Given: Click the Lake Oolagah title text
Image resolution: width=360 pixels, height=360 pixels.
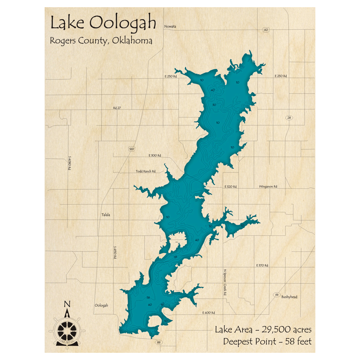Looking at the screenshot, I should [x=103, y=23].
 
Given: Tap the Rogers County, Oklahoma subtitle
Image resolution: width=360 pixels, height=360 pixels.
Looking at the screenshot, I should [x=101, y=41].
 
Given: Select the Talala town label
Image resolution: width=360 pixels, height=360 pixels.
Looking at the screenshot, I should [x=105, y=215].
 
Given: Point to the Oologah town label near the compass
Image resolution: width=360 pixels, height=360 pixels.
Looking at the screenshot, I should [x=101, y=305].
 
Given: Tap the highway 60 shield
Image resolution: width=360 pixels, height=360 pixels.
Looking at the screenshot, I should [x=266, y=30].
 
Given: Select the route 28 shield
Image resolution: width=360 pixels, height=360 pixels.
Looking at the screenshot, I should [x=289, y=118].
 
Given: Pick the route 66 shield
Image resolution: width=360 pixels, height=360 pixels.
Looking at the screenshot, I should [x=276, y=294].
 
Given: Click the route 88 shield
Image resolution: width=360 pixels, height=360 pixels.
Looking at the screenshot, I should [x=158, y=342].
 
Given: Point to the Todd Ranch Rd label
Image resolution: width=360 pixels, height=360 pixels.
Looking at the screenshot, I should [x=145, y=171].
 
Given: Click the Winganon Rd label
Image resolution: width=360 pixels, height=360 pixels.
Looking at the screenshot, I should [x=268, y=186].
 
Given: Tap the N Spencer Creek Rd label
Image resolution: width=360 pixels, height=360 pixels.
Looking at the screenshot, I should [x=225, y=283].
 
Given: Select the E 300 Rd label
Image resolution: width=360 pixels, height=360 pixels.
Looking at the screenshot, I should [x=154, y=156].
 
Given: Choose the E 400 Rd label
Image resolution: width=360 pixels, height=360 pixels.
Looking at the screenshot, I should [x=208, y=312].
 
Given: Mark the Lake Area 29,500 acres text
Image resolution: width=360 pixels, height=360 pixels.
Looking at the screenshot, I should [x=263, y=329].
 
